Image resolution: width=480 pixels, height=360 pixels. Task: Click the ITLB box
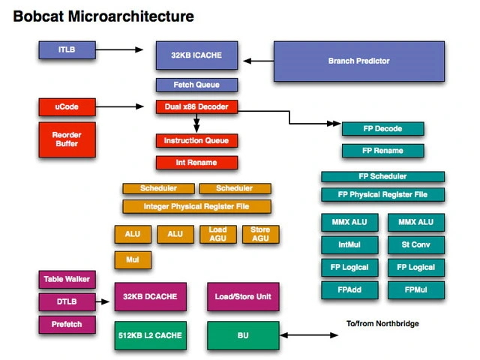[x=67, y=50]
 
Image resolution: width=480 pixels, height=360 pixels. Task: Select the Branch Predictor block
[x=358, y=61]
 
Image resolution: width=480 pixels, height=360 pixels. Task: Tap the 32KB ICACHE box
[x=198, y=55]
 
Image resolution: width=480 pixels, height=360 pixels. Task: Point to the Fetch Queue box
[x=198, y=85]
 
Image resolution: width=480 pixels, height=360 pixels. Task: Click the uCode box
[x=67, y=107]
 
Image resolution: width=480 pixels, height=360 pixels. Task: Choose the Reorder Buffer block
[x=67, y=139]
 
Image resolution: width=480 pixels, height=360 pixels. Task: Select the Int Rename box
[x=196, y=162]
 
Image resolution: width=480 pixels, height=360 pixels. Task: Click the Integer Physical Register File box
[x=196, y=206]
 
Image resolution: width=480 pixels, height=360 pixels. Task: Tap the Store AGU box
[x=260, y=234]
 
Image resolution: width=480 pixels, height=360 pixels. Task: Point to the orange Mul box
[x=133, y=260]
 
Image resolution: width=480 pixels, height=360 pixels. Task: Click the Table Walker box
[x=67, y=280]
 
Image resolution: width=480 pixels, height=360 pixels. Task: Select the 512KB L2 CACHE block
[x=149, y=335]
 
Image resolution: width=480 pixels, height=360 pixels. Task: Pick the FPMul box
[x=415, y=289]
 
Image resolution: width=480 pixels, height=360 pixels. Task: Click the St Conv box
[x=415, y=244]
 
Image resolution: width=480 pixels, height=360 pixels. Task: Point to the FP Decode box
[x=382, y=129]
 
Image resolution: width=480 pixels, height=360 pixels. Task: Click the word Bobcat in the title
[x=41, y=16]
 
